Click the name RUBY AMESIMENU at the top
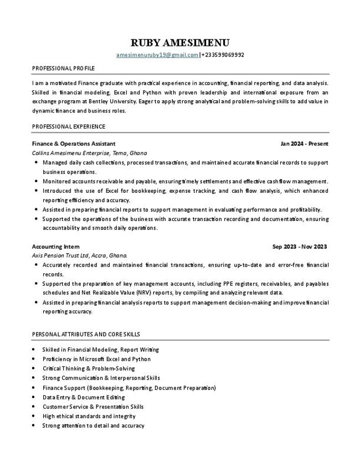[179, 43]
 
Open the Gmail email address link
[157, 55]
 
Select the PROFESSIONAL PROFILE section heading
[63, 68]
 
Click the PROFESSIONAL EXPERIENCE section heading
[69, 126]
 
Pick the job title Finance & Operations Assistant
[74, 144]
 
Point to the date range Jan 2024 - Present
[304, 144]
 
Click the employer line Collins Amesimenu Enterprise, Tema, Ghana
[89, 153]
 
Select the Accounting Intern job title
[55, 246]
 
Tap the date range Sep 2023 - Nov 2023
[300, 246]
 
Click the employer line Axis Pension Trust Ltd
[79, 255]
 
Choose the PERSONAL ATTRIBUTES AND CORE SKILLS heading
[86, 334]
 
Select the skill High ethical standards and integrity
[89, 416]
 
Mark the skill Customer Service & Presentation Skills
[92, 407]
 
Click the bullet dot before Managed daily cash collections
[36, 163]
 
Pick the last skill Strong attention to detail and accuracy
[93, 426]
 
